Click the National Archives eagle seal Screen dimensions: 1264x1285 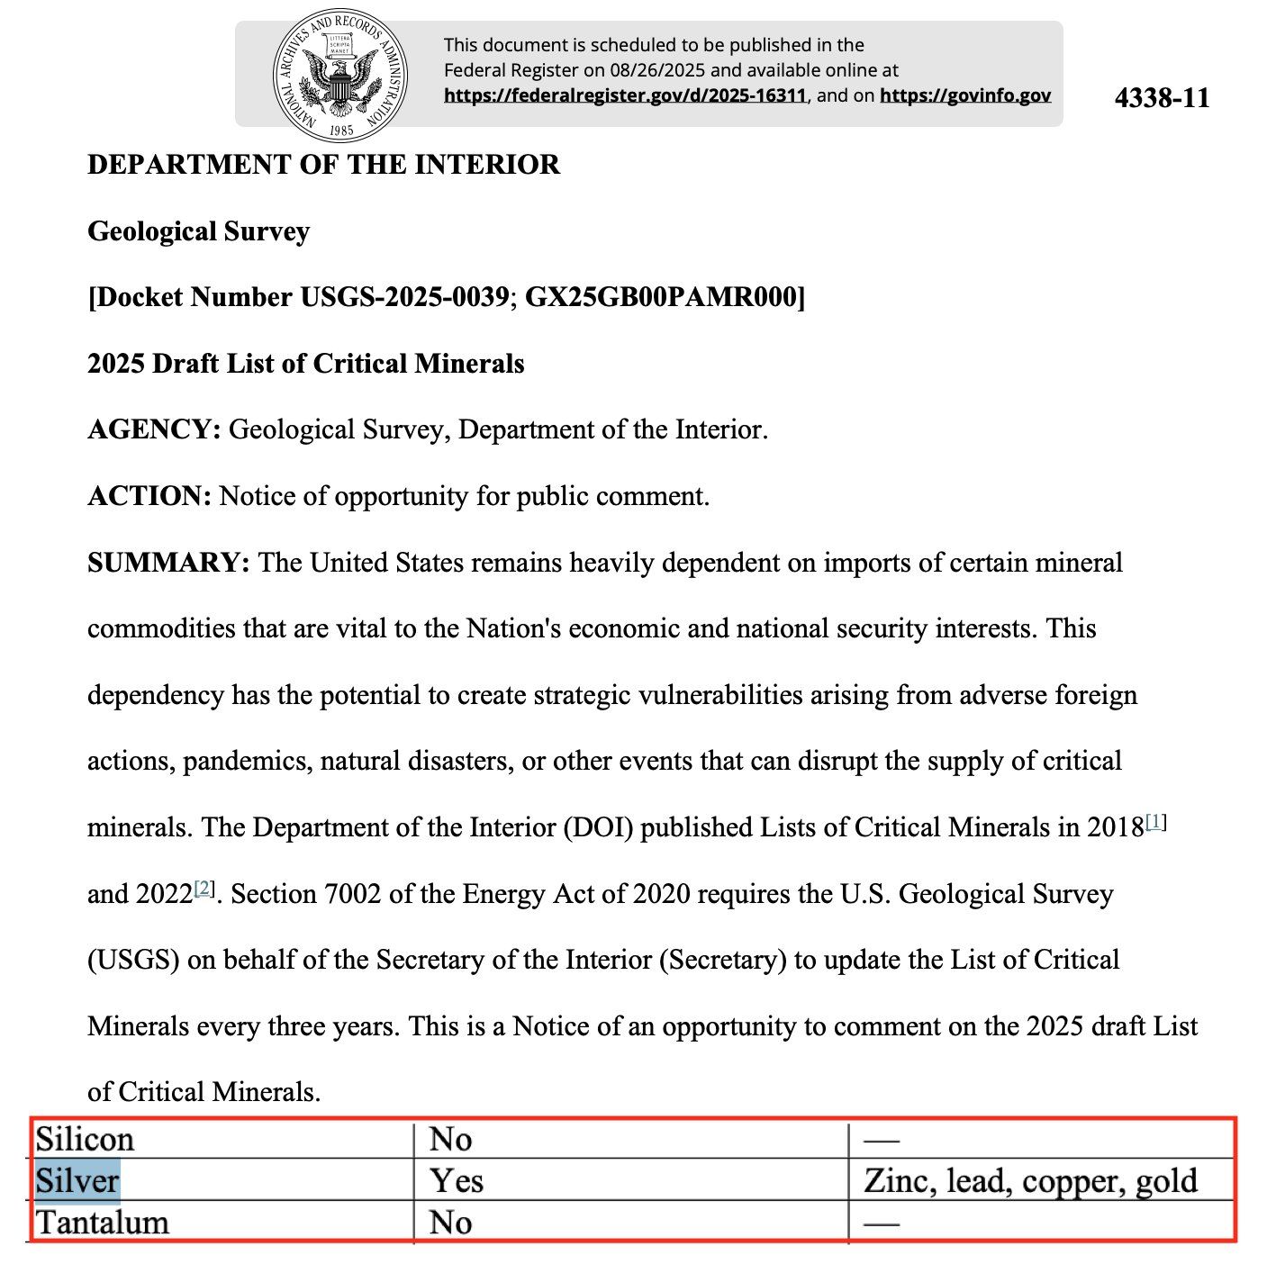click(339, 77)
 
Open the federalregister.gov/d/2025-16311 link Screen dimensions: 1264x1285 click(625, 95)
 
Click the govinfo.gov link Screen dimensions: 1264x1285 click(965, 95)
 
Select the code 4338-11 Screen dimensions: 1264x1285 click(1162, 97)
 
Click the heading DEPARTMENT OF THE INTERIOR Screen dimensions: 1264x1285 click(323, 165)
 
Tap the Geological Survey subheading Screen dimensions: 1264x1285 click(198, 231)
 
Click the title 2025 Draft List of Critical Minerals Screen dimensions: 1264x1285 click(305, 364)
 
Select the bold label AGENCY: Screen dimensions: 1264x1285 click(154, 429)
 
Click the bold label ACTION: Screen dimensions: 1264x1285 click(149, 496)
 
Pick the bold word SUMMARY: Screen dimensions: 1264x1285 click(168, 563)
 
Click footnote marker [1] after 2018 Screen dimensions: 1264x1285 click(1156, 822)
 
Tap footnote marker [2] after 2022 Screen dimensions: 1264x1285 click(204, 889)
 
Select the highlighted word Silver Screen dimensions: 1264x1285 click(77, 1181)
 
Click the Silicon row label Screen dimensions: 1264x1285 click(85, 1140)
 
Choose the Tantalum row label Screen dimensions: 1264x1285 click(102, 1223)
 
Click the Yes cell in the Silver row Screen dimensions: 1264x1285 click(456, 1181)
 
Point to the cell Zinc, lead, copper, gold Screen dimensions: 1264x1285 click(1030, 1181)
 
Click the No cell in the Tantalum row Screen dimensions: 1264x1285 click(450, 1223)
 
